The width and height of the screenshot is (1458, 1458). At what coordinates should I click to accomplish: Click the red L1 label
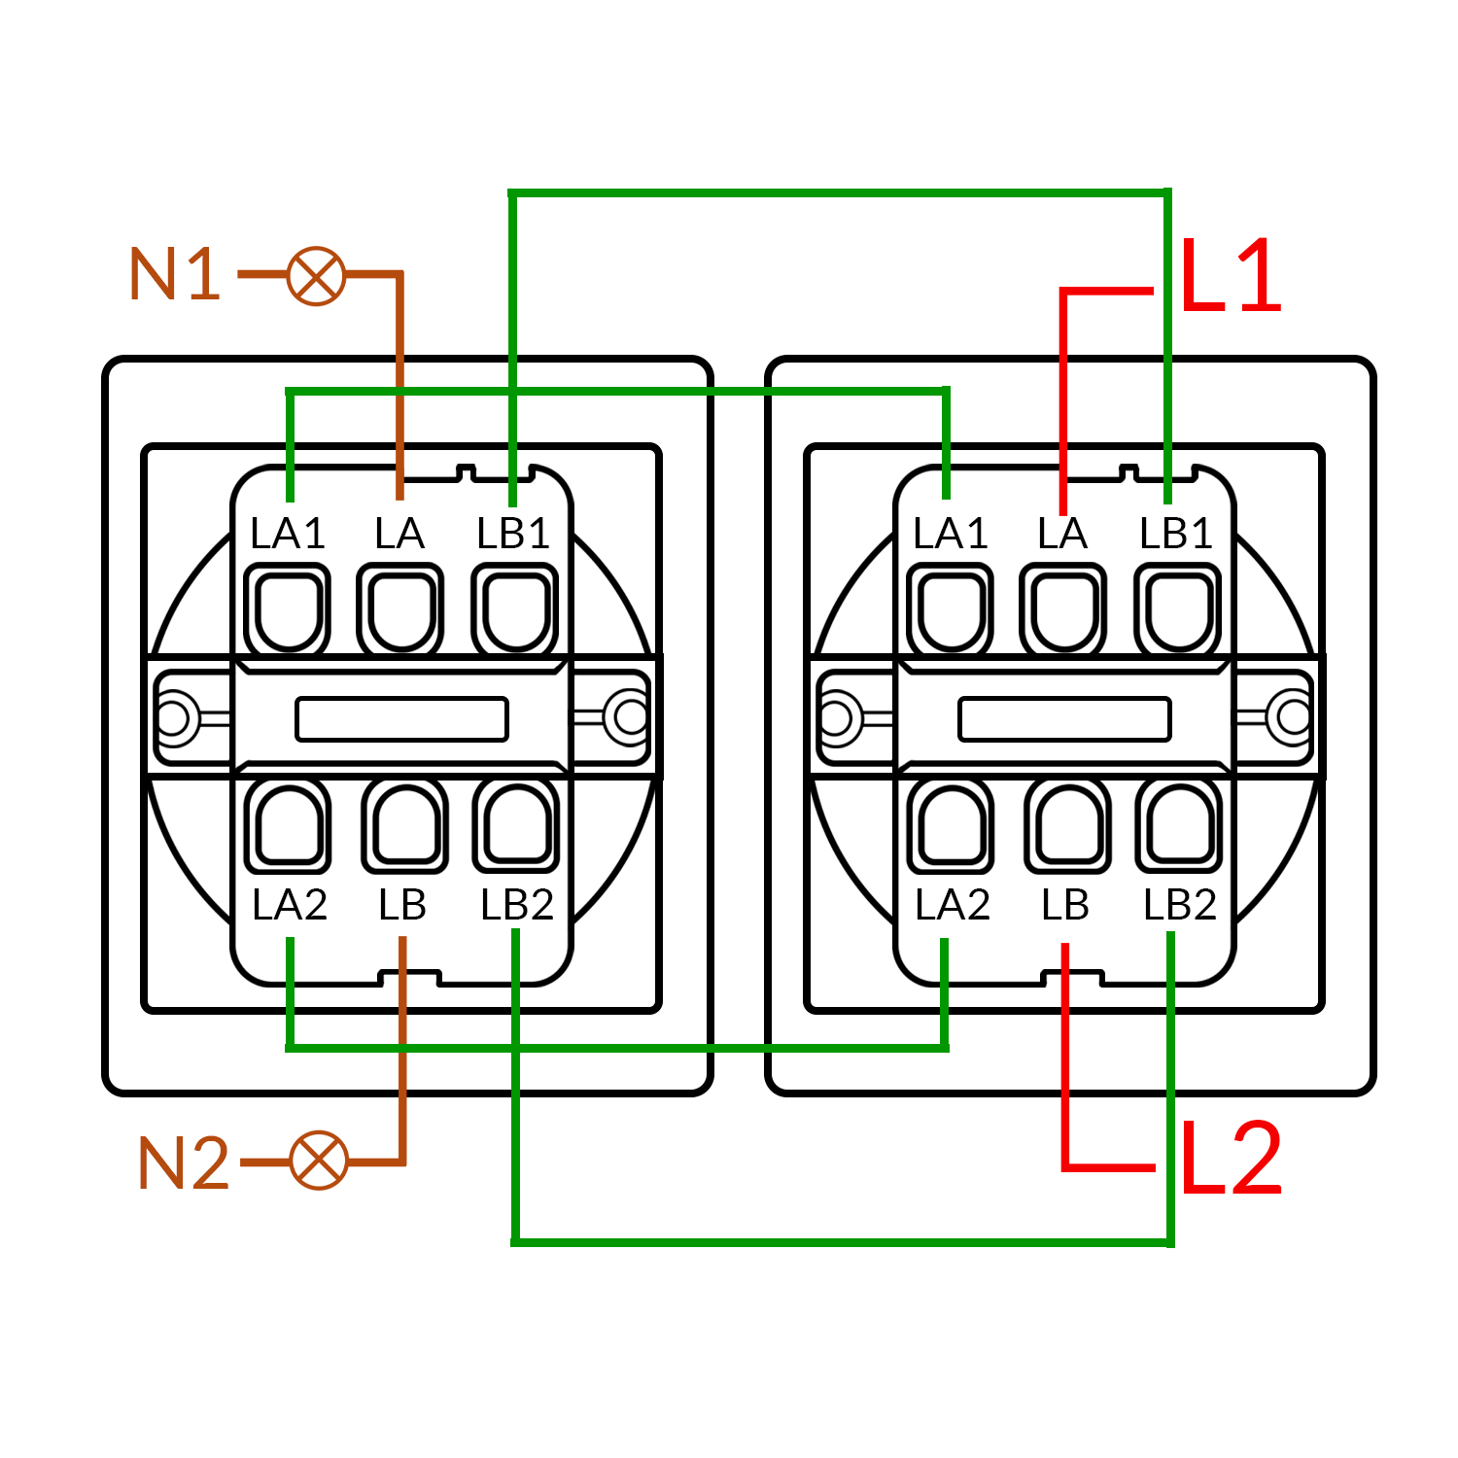[x=1231, y=276]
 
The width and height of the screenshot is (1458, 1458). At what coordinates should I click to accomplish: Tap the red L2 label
[x=1231, y=1159]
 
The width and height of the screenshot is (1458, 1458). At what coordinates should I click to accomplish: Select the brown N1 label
[x=175, y=274]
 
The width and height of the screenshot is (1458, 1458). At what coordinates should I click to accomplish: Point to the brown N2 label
[x=184, y=1163]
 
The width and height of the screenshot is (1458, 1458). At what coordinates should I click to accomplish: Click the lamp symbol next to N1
[x=317, y=276]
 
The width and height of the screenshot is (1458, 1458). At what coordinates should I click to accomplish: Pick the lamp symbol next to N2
[x=319, y=1161]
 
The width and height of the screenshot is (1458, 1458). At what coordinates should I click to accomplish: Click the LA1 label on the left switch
[x=288, y=534]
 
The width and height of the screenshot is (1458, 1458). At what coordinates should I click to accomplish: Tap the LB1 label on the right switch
[x=1176, y=534]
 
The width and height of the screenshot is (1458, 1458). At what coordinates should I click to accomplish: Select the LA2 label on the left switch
[x=290, y=905]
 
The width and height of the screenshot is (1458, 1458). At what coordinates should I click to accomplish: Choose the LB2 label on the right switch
[x=1180, y=905]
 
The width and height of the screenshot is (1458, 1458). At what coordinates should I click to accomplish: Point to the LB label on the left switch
[x=402, y=905]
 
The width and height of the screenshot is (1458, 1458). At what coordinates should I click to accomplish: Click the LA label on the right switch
[x=1061, y=534]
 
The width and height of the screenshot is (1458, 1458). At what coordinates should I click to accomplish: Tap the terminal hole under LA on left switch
[x=400, y=610]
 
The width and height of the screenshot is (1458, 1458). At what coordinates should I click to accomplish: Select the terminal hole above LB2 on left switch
[x=516, y=825]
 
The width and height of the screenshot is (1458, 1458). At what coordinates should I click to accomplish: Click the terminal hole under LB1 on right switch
[x=1178, y=610]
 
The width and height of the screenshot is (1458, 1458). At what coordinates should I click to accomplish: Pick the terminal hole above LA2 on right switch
[x=952, y=825]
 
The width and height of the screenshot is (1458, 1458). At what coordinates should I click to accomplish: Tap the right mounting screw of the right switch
[x=1294, y=718]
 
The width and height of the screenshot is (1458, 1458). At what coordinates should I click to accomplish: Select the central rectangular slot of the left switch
[x=401, y=719]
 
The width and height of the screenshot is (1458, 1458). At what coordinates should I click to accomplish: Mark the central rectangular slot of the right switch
[x=1064, y=719]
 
